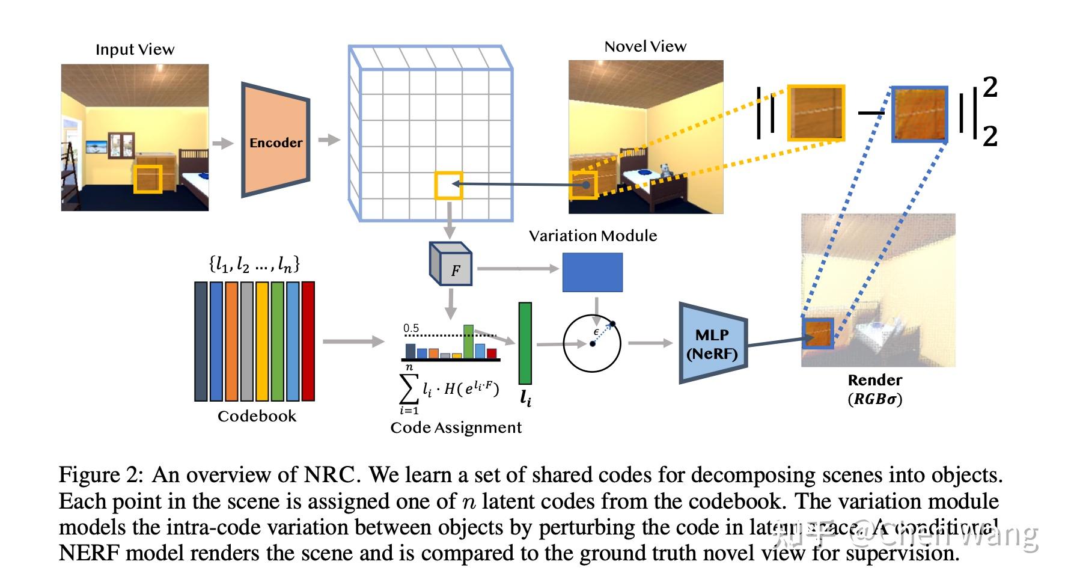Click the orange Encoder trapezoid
pos(275,139)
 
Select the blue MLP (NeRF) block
pos(712,343)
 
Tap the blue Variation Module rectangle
pos(592,272)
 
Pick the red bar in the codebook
pos(308,341)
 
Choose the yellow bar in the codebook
pos(262,341)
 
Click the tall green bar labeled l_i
pos(525,343)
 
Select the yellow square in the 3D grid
pos(448,185)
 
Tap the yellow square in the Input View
pos(148,179)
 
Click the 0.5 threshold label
pos(411,328)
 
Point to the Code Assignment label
pos(456,427)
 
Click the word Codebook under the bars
pos(257,416)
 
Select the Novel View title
pos(645,46)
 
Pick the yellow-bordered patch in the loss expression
pos(816,113)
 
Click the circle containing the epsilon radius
pos(592,343)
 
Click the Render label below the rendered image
pos(874,380)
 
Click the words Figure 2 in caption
pos(100,476)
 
